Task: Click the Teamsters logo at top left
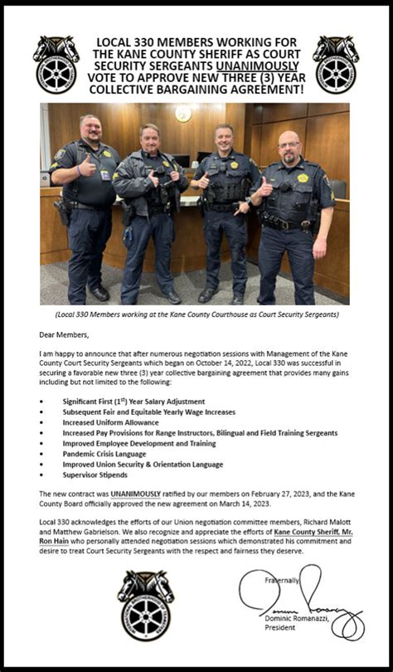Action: tap(56, 64)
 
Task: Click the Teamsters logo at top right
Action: tap(336, 64)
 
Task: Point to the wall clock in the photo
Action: tap(182, 114)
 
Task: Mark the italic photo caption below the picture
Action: tap(196, 314)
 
